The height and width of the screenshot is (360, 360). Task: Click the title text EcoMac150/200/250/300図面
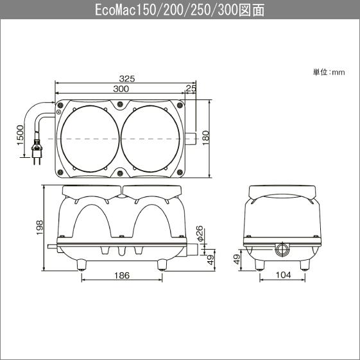(x=180, y=10)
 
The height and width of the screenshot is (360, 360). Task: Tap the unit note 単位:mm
(x=329, y=72)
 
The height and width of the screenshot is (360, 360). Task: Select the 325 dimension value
(x=127, y=78)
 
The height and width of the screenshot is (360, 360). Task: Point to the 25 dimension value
(x=191, y=88)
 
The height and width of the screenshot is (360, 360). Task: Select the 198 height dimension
(x=39, y=226)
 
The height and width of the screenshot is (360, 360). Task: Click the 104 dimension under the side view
(x=282, y=275)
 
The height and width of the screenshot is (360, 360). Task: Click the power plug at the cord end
(x=37, y=155)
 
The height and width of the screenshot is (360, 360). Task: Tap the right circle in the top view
(x=151, y=137)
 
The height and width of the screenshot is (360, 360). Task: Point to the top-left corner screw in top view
(x=60, y=106)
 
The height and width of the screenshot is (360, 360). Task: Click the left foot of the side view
(x=259, y=264)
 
